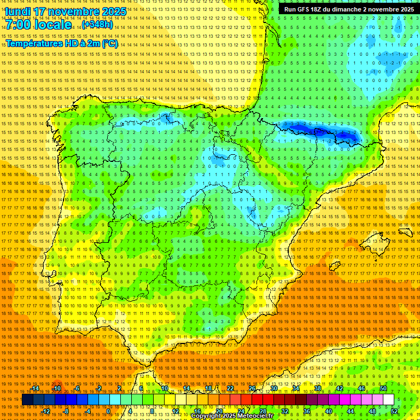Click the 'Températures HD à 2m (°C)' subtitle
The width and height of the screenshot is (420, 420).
pos(62,43)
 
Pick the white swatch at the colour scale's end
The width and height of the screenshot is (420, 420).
pos(388,400)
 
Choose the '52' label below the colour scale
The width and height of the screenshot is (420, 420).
pos(394,411)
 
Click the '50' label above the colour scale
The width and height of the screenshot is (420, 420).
pos(383,388)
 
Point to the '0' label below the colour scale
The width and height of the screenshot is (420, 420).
pos(109,411)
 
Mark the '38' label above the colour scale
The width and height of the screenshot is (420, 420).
pos(318,388)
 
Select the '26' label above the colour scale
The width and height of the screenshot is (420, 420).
pos(252,388)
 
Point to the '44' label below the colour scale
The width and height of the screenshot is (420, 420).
pos(351,411)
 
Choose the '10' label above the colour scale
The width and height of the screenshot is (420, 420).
pos(165,388)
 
